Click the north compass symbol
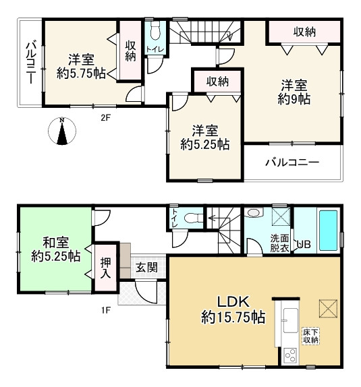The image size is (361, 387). (62, 131)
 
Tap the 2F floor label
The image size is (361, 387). (105, 117)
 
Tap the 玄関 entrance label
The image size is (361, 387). (146, 268)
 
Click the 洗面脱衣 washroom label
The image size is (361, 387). (280, 242)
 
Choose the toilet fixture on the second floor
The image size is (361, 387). (155, 32)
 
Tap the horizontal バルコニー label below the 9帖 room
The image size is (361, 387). (291, 162)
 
